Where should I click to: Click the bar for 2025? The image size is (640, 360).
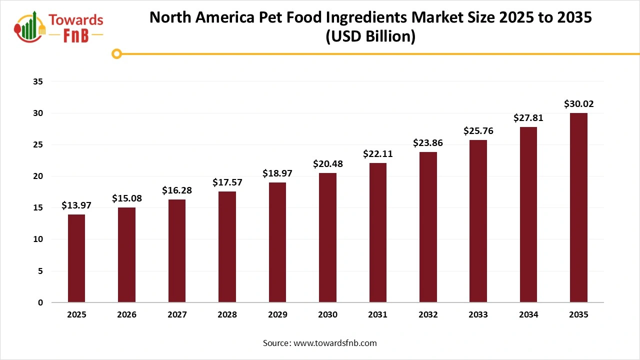coord(76,258)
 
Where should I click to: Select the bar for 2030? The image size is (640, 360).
coord(327,237)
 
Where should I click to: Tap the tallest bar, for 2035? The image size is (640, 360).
coord(578,207)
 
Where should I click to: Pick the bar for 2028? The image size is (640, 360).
coord(227,247)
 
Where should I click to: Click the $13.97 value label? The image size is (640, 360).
coord(76,205)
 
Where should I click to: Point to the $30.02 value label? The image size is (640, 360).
coord(578,104)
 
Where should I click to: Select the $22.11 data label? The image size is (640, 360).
coord(377,154)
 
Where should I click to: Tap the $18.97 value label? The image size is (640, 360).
coord(277,173)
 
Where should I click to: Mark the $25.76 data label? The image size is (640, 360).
coord(478,131)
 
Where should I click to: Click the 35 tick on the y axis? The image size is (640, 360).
coord(37,81)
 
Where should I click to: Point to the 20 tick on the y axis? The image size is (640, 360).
coord(37,176)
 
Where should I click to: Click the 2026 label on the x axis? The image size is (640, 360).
coord(126,315)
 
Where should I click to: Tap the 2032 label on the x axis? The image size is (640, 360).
coord(428,315)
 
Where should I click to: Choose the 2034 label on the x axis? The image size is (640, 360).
coord(528,315)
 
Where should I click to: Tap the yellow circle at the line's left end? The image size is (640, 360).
coord(116,53)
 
